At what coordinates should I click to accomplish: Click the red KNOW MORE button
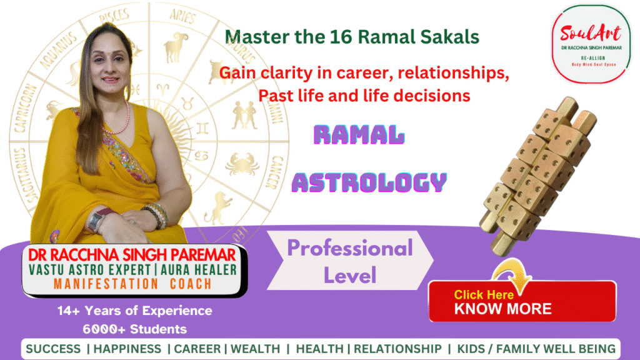click(522, 301)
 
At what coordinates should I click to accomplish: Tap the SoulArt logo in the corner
click(591, 44)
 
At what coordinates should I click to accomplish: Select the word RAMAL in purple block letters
click(359, 135)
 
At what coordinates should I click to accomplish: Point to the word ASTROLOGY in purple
click(369, 182)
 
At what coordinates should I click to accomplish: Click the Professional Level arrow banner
click(350, 261)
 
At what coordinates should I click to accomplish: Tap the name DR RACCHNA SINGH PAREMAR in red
click(132, 255)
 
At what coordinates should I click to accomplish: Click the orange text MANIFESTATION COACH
click(132, 284)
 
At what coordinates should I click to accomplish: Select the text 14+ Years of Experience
click(135, 311)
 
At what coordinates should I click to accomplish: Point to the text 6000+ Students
click(135, 329)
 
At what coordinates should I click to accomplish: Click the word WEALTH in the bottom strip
click(256, 349)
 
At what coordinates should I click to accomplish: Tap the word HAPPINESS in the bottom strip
click(127, 349)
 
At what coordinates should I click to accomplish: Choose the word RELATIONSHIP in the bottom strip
click(397, 349)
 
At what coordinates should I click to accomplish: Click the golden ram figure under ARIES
click(175, 47)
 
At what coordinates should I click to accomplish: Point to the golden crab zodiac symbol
click(242, 164)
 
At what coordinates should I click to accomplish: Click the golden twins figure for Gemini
click(244, 115)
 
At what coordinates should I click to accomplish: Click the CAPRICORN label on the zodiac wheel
click(24, 109)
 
